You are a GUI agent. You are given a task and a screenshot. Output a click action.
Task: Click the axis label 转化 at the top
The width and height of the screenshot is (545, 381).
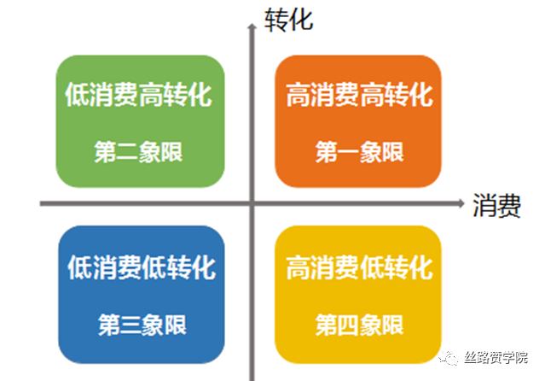288,21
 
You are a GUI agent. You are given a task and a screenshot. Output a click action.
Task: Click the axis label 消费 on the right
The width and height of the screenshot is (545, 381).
496,206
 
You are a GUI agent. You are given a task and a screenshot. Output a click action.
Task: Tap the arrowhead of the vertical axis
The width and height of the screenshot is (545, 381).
252,26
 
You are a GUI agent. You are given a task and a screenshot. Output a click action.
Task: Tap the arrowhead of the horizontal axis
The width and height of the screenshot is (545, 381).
461,203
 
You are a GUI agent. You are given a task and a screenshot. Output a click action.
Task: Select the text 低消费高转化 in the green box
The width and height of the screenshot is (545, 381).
138,94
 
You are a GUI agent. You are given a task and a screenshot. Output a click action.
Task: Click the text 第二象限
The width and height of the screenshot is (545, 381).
138,152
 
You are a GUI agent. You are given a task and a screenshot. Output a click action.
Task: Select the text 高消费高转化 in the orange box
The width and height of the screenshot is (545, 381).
359,94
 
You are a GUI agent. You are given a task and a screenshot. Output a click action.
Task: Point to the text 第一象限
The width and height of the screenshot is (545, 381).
359,152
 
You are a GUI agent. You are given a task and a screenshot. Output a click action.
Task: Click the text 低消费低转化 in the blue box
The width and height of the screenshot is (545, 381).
142,267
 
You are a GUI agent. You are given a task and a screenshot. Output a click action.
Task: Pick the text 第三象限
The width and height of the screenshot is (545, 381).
142,325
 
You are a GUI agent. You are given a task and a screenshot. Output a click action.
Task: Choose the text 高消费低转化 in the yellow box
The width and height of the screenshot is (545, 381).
359,267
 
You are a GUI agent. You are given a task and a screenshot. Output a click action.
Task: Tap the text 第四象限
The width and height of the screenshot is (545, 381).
359,325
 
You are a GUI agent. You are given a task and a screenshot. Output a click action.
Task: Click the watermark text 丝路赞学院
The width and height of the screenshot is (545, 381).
496,357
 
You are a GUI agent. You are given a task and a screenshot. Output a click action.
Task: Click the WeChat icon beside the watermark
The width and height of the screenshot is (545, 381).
449,357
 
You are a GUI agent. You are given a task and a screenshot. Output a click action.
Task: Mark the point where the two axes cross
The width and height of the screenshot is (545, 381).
252,203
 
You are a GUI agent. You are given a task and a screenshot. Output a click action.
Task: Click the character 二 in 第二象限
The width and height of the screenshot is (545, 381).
127,153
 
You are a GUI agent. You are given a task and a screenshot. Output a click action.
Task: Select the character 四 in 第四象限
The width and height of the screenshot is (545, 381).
348,325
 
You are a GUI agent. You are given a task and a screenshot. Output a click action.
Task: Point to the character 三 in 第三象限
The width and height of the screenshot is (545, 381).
131,325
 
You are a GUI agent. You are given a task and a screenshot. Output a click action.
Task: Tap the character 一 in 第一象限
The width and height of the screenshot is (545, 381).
348,152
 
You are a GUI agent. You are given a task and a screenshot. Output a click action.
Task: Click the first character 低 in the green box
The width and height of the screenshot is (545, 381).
77,94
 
